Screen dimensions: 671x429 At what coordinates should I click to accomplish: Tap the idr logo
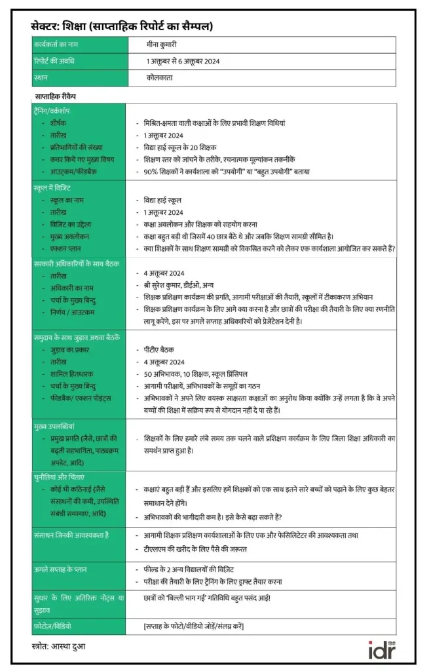click(383, 651)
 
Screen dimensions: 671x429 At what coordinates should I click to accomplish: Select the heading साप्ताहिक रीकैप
click(56, 96)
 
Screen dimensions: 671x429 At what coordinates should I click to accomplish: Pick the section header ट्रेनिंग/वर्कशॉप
click(57, 111)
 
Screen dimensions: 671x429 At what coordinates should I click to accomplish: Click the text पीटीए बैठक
click(159, 350)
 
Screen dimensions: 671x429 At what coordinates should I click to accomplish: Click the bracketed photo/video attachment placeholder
click(194, 626)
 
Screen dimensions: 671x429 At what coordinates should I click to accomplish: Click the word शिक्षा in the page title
click(77, 27)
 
